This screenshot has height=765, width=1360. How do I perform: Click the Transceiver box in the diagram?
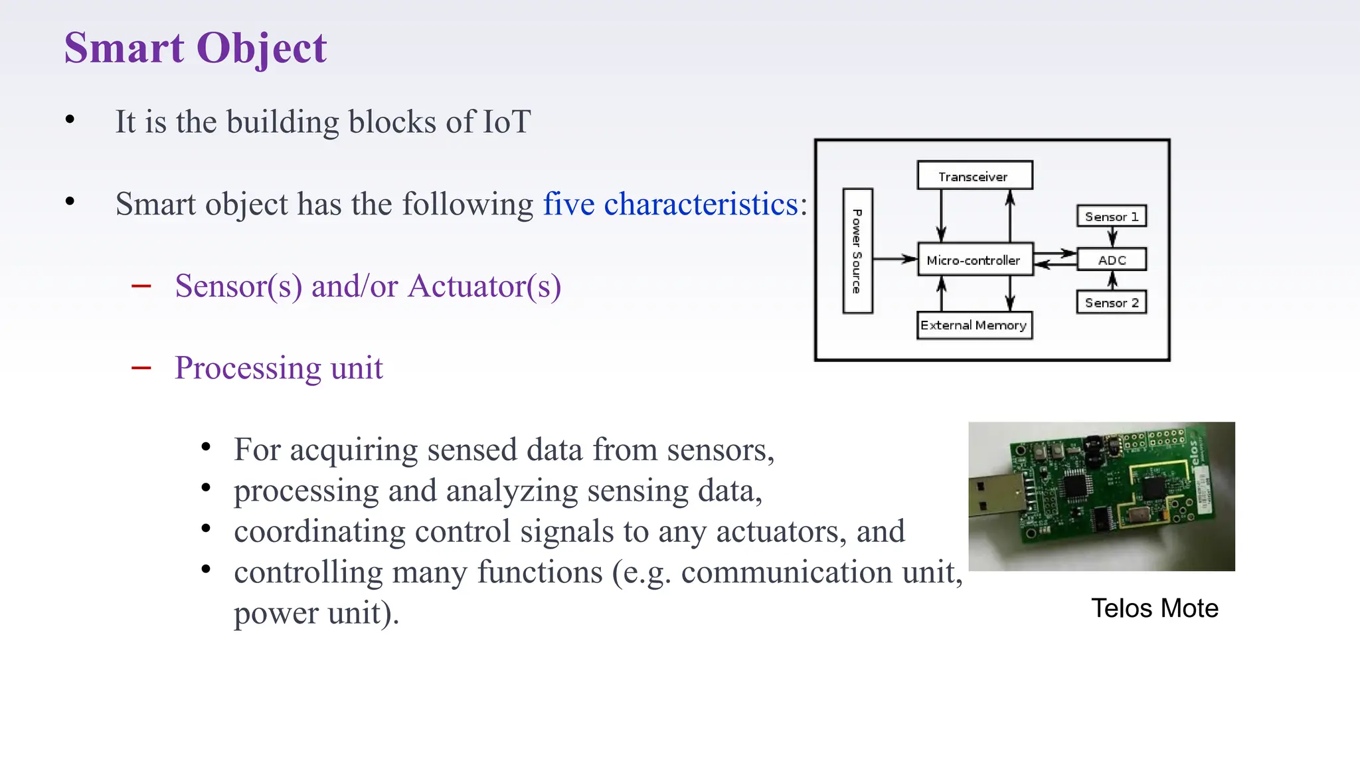click(974, 176)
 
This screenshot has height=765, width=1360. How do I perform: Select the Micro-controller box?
click(974, 260)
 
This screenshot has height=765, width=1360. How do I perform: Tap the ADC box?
click(1112, 260)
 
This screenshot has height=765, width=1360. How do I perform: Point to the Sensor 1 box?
click(1111, 216)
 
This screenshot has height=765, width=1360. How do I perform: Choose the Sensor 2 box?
click(1111, 303)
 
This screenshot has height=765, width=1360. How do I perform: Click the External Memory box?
click(974, 325)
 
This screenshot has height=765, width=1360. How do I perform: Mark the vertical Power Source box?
click(857, 251)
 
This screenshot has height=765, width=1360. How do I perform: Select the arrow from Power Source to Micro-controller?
click(894, 259)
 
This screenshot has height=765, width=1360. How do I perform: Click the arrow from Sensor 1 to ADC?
click(1112, 237)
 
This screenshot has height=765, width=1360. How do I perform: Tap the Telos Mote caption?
click(1154, 608)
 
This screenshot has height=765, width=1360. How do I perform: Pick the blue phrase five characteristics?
click(670, 204)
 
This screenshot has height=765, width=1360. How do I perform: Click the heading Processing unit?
click(279, 368)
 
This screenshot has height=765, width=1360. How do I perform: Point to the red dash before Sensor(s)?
click(141, 286)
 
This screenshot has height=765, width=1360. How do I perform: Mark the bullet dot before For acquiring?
click(206, 447)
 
